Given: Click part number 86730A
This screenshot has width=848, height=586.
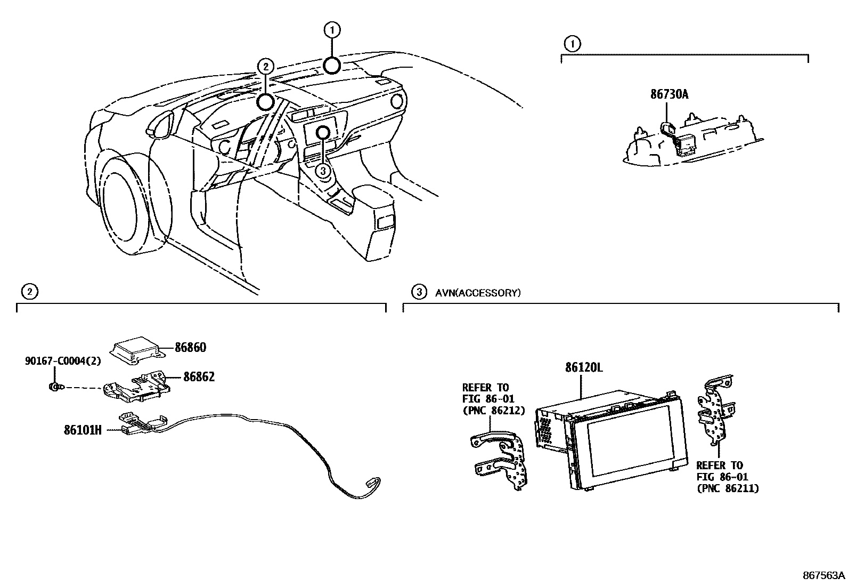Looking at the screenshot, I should pos(669,94).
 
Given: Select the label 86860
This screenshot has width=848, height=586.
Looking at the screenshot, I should pos(190,348).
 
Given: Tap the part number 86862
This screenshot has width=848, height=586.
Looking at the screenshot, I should pos(199,377).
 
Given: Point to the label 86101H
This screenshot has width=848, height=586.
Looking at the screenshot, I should pos(83,430).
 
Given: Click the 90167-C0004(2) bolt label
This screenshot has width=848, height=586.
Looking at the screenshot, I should pos(62,361).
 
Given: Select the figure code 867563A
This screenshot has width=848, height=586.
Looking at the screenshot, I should pos(823,575).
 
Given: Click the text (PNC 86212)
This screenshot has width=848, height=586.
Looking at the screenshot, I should pos(493,410).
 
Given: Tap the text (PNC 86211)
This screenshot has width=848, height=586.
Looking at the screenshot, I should pos(728,488).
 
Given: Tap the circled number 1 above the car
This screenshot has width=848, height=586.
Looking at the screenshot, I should pos(332,30).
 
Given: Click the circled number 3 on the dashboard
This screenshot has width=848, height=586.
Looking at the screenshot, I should pos(323,171).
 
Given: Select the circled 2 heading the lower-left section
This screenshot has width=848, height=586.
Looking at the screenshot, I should pos(29,292).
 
